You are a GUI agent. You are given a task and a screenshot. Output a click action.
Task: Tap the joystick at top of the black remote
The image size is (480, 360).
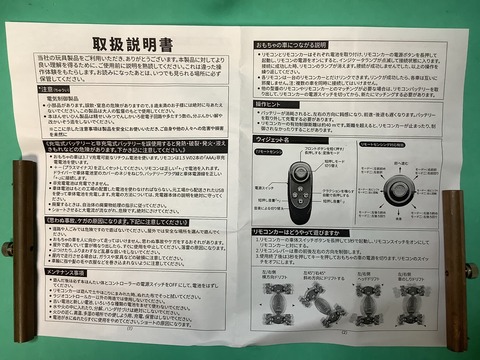click(299, 172)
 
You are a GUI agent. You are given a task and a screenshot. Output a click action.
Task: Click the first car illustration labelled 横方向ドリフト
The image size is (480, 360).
click(276, 300)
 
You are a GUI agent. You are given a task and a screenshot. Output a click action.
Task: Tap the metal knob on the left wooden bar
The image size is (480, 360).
click(7, 247)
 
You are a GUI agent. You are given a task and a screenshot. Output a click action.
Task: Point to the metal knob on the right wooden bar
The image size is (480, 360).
click(470, 270)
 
